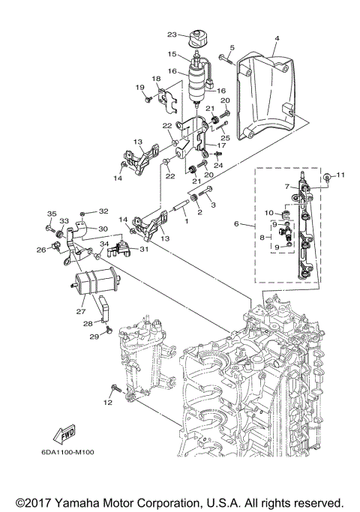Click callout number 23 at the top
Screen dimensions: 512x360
(172, 34)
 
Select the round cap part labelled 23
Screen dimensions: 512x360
(200, 37)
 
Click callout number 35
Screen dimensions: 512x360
(52, 214)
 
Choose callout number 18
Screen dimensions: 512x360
(157, 79)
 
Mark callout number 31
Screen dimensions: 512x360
(143, 250)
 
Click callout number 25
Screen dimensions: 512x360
(225, 137)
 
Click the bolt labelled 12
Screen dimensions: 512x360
(116, 390)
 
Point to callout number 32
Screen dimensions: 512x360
(104, 211)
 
